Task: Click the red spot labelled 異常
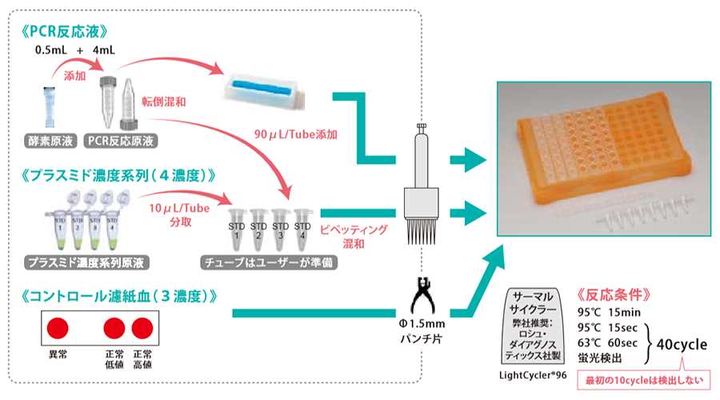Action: (58, 328)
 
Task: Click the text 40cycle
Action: (681, 346)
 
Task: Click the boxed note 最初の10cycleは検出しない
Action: (643, 379)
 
